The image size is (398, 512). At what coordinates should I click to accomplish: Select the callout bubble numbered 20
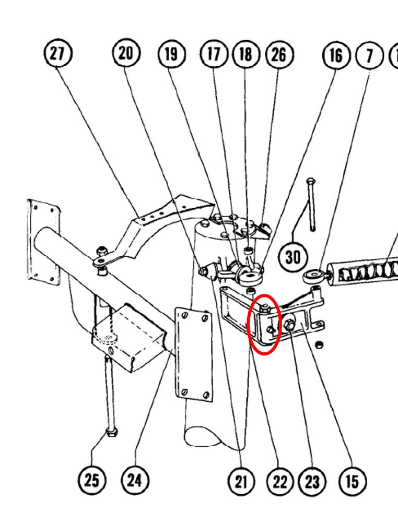pos(126,54)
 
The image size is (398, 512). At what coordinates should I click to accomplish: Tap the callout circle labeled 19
pos(172,54)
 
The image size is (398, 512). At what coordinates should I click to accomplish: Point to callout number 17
pos(214,54)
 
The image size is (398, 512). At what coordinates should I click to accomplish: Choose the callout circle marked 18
pos(245,54)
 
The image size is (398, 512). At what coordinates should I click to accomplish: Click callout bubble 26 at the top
pos(279,54)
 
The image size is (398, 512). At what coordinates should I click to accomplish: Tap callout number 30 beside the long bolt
pos(293,256)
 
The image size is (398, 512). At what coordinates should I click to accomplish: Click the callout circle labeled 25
pos(92,479)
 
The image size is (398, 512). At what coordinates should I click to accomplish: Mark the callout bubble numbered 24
pos(135,479)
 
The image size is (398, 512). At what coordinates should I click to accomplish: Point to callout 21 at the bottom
pos(240,481)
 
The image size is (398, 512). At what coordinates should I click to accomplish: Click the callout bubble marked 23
pos(312,481)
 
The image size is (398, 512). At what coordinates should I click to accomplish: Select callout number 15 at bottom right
pos(352,480)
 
